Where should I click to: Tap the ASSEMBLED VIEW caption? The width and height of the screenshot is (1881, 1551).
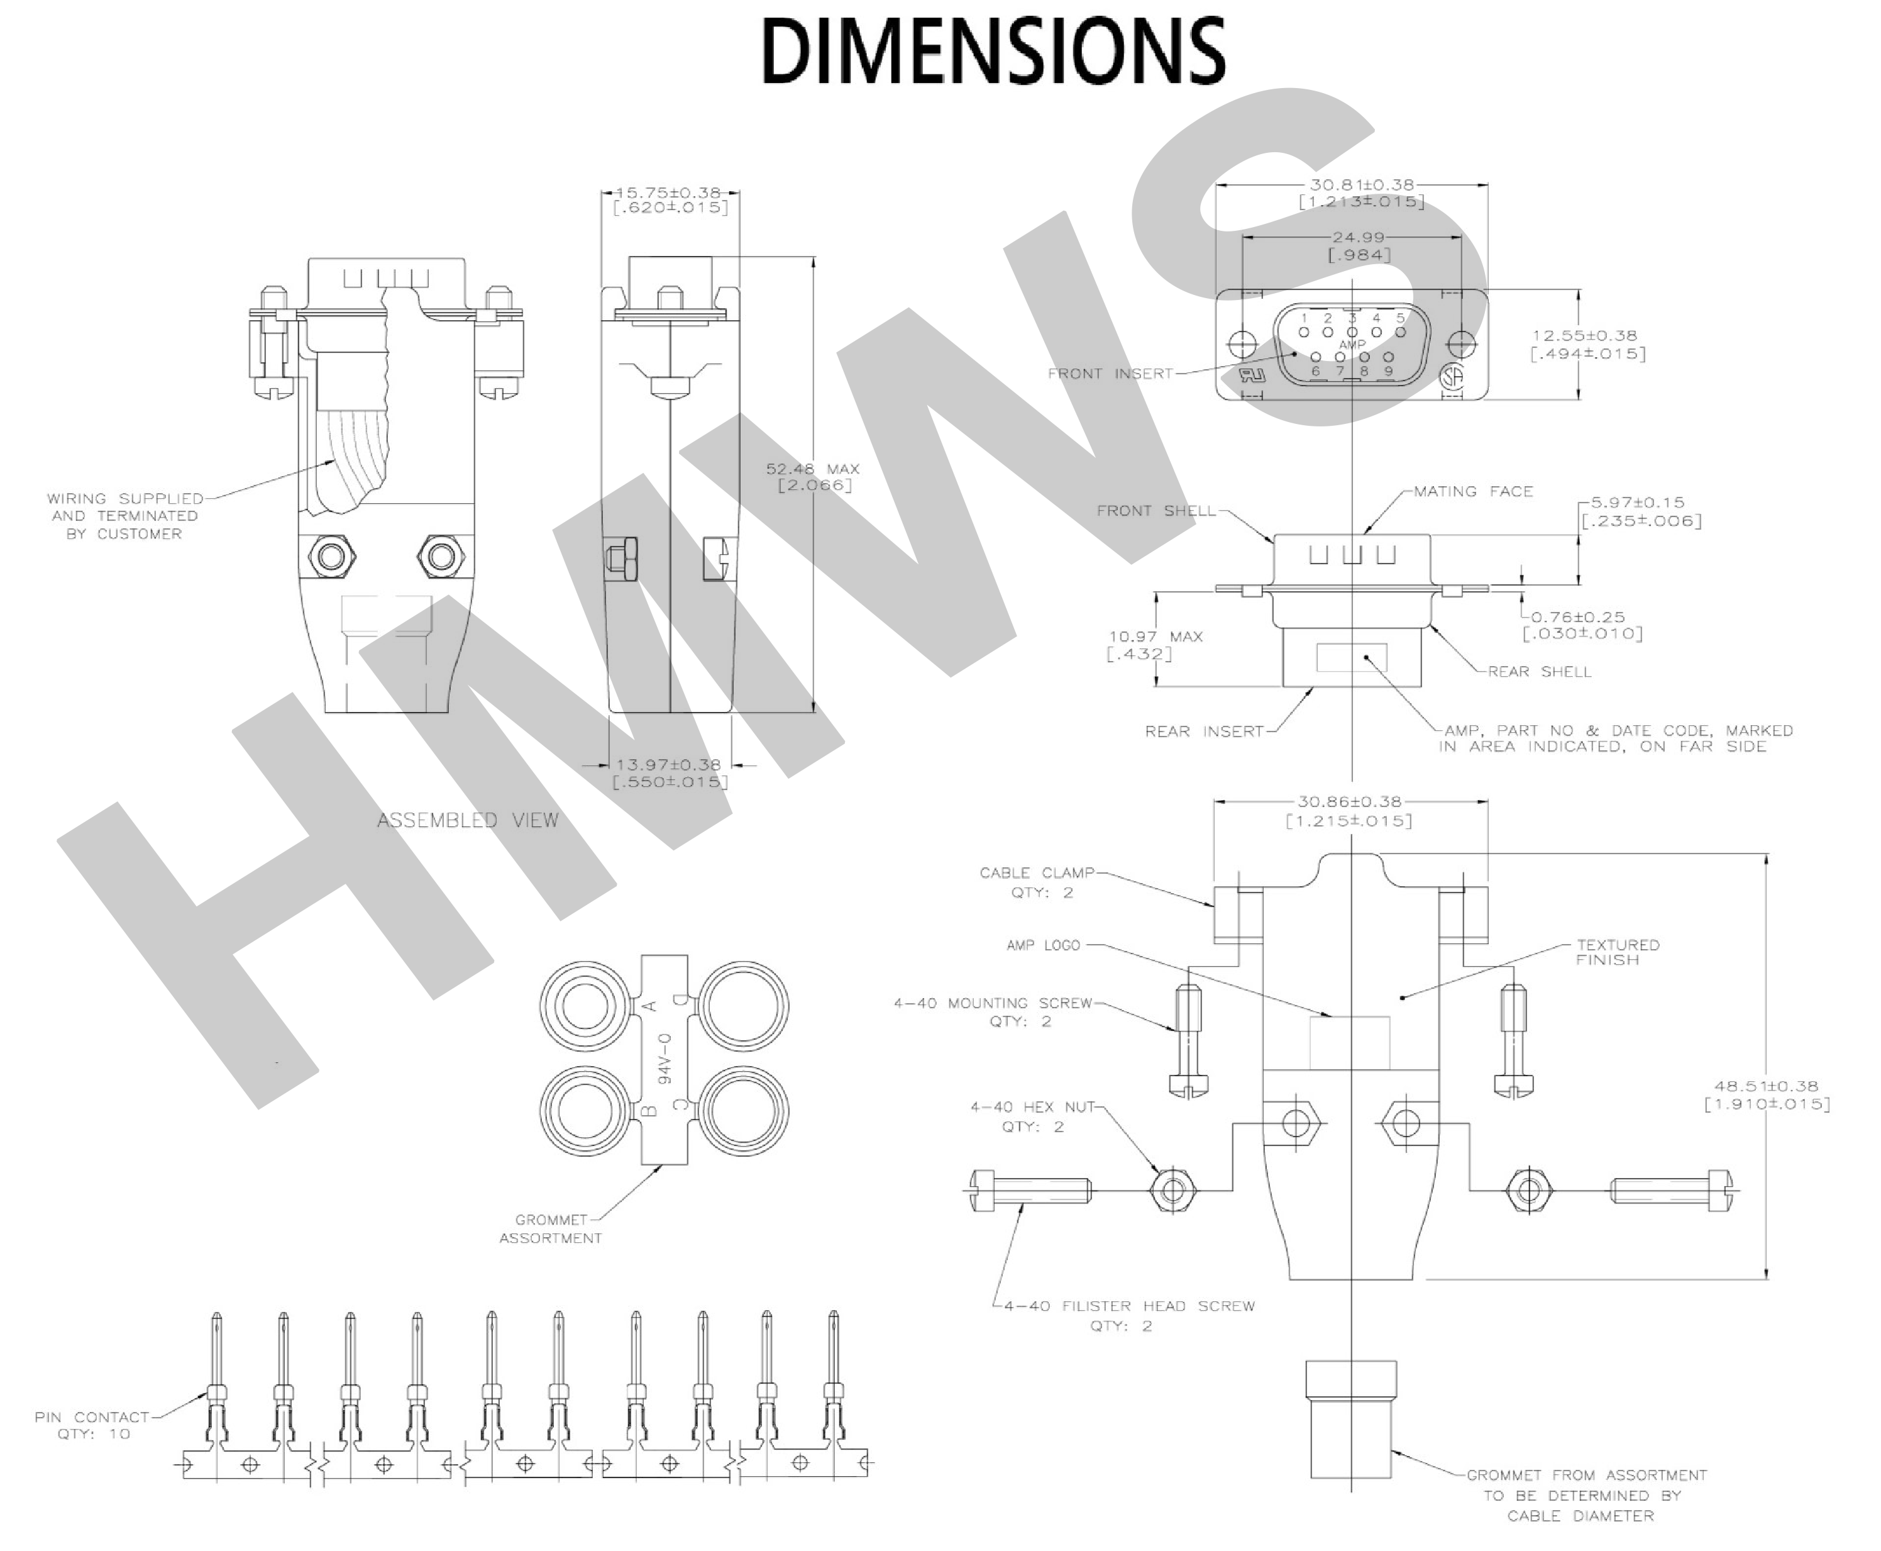point(467,820)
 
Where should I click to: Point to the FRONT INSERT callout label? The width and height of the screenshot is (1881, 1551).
point(1110,374)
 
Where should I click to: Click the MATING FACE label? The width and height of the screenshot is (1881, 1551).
point(1473,491)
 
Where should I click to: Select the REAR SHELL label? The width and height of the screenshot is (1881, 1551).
point(1539,671)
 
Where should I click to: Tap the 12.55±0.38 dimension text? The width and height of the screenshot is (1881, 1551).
point(1584,336)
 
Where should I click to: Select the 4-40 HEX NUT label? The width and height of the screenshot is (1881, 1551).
point(1032,1107)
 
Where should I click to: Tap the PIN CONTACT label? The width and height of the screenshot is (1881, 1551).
point(92,1417)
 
